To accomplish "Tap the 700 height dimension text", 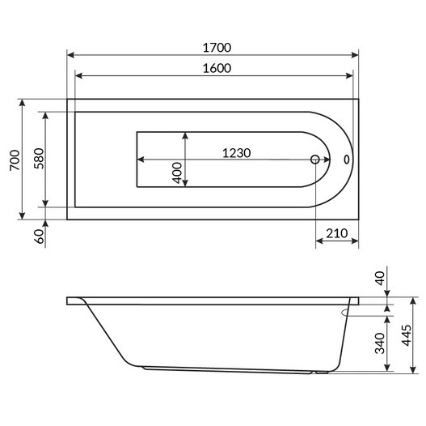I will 14,161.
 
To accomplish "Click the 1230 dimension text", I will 237,151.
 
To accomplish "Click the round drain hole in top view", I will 316,160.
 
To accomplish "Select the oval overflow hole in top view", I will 347,160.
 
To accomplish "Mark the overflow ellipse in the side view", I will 349,309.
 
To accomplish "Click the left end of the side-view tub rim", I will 69,301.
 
